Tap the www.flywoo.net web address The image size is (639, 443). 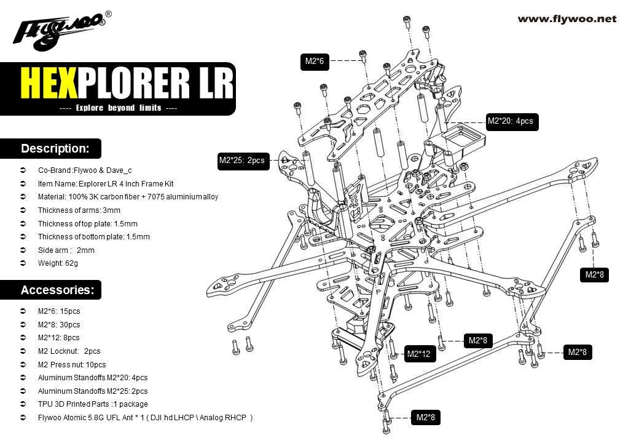point(566,18)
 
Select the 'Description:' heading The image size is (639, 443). point(55,148)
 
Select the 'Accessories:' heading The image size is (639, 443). point(57,289)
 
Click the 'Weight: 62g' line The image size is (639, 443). point(58,263)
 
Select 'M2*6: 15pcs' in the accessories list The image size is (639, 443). point(59,311)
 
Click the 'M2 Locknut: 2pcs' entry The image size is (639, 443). point(69,351)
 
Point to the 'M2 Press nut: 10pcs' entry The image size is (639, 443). point(72,365)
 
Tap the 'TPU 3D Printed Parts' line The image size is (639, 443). point(93,404)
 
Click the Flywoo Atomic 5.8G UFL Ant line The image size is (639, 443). point(145,418)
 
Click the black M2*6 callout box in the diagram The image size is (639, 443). point(314,61)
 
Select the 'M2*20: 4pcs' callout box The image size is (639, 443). point(510,121)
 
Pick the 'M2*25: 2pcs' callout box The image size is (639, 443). point(241,161)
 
